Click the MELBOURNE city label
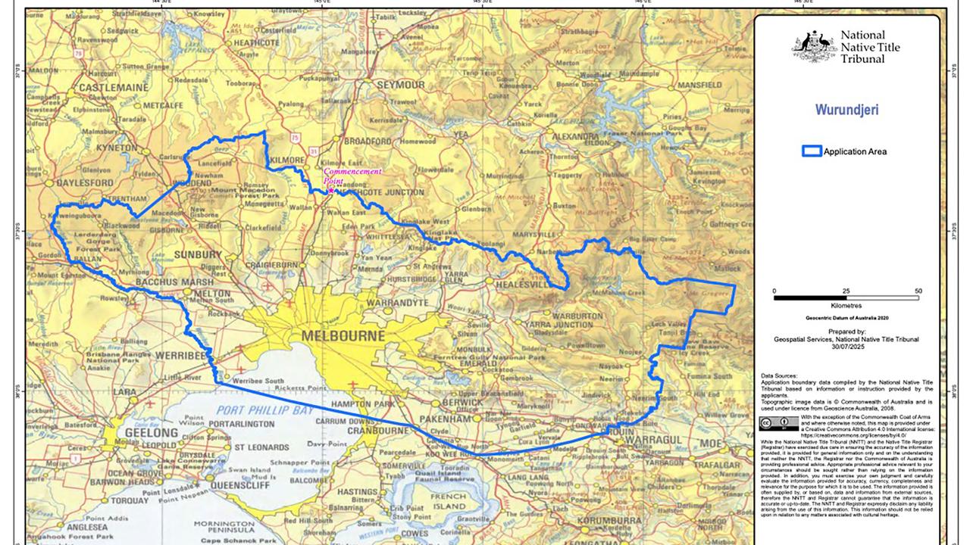342,335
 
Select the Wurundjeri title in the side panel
846,110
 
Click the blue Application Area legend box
811,151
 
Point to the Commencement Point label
352,176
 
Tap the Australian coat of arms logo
814,46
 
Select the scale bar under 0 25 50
846,298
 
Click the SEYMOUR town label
401,84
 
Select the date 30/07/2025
846,348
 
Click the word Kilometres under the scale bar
846,305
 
